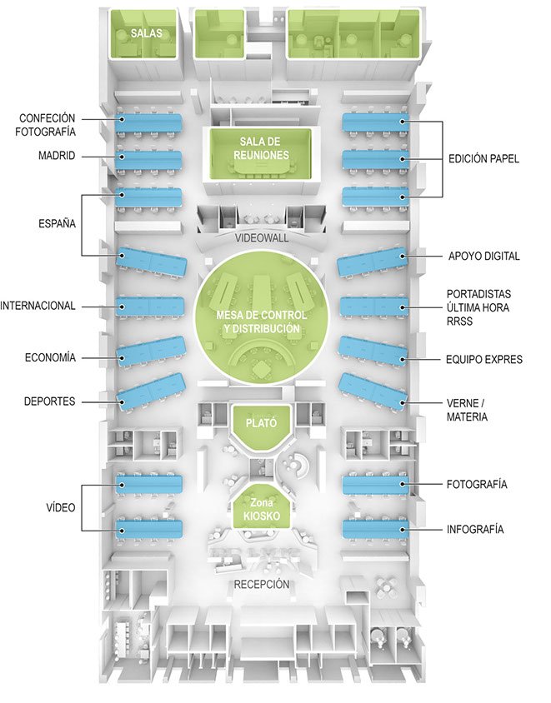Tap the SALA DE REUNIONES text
pos(263,148)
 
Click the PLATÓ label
pos(261,423)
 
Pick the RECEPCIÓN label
pos(262,584)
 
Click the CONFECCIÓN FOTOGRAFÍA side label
pos(47,124)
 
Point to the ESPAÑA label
pos(56,224)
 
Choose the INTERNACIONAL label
pos(38,306)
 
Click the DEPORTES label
pos(49,401)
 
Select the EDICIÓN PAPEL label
pos(483,158)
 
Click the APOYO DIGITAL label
pos(483,257)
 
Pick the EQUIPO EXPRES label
pos(484,360)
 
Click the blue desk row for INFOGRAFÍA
pos(375,529)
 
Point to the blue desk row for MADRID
pos(150,157)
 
